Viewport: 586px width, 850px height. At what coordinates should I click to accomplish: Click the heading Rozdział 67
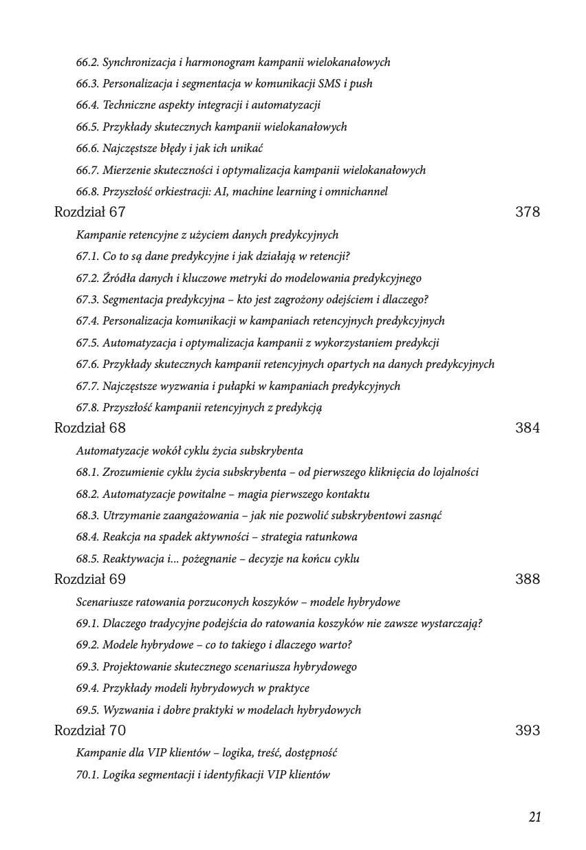[x=89, y=212]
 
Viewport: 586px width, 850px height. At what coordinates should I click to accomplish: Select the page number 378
[x=527, y=212]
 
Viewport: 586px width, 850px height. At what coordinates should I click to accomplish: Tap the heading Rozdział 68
[x=89, y=428]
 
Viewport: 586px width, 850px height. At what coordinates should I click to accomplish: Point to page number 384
[x=527, y=428]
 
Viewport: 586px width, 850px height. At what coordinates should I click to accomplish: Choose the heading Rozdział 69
[x=89, y=579]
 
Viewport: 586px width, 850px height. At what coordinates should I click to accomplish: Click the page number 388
[x=527, y=579]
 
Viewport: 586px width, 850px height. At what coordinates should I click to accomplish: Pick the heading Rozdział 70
[x=89, y=730]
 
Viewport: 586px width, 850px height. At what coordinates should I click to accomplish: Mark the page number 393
[x=527, y=730]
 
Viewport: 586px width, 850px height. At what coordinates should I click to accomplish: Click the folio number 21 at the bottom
[x=534, y=817]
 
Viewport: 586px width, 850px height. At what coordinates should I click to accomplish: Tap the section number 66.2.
[x=87, y=63]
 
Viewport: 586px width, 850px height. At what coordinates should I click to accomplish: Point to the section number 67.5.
[x=87, y=342]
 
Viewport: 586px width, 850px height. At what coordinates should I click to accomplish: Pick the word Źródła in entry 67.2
[x=118, y=279]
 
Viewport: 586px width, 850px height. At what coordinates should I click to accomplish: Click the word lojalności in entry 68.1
[x=454, y=472]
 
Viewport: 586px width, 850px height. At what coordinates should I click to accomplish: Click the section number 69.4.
[x=87, y=688]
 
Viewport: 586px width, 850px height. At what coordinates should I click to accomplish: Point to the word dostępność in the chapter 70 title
[x=310, y=753]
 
